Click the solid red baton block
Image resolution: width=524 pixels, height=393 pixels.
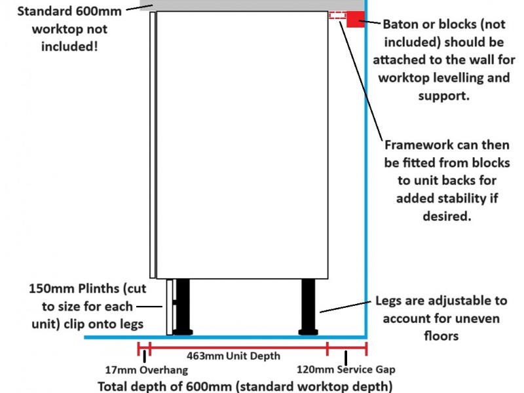(x=356, y=19)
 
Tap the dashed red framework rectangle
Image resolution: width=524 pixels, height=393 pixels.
(x=337, y=15)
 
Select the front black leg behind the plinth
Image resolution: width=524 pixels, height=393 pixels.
(x=183, y=307)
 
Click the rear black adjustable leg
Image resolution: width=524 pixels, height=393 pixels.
(x=308, y=307)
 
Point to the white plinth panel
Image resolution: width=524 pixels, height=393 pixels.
(x=170, y=307)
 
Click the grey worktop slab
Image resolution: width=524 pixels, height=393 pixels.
(x=252, y=5)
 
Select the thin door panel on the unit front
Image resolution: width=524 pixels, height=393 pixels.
(x=153, y=145)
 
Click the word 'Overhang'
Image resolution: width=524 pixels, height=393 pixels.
(x=164, y=370)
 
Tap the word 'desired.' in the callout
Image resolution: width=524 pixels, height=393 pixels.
(x=447, y=216)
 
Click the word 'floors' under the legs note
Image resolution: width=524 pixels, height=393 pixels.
(x=441, y=335)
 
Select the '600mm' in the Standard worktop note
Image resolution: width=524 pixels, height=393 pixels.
(x=98, y=11)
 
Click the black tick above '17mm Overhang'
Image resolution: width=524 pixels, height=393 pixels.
(x=144, y=356)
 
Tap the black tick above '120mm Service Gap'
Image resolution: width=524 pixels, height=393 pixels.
(x=346, y=358)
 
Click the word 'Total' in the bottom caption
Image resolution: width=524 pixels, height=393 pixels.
(x=112, y=386)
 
